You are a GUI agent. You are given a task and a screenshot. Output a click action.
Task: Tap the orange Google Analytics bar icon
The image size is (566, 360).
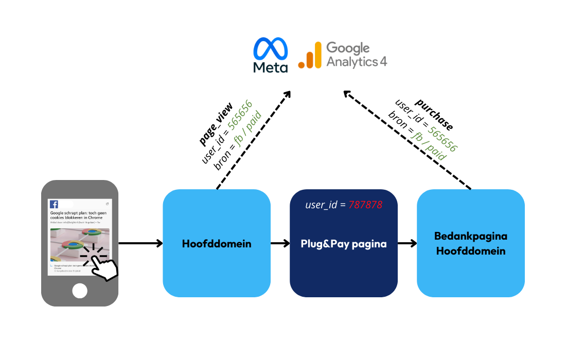point(309,56)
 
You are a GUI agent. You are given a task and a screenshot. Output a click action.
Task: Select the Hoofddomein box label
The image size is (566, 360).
point(217,243)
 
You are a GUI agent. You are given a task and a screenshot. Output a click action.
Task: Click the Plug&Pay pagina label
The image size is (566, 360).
point(344,243)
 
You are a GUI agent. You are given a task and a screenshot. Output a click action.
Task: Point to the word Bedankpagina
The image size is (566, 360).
point(471,236)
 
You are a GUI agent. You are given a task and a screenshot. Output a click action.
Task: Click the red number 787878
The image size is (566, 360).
point(365,205)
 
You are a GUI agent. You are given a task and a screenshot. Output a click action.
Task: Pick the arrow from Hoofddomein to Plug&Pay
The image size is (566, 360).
point(280,243)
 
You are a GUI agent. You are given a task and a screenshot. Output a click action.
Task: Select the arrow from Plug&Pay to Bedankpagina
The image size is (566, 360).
point(407,243)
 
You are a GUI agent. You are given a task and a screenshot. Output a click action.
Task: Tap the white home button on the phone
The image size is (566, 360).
point(80,291)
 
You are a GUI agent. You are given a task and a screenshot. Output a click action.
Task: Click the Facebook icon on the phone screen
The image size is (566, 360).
point(54,204)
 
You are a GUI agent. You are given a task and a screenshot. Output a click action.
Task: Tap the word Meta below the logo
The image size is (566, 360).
point(271,67)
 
